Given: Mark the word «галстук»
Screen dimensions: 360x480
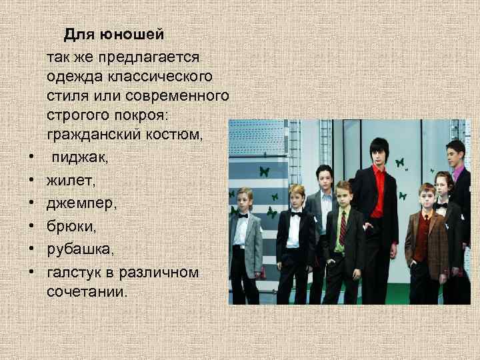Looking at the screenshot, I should (72, 271).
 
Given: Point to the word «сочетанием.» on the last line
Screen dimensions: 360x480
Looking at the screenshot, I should (86, 292).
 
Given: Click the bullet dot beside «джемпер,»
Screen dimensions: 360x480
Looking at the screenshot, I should (31, 202).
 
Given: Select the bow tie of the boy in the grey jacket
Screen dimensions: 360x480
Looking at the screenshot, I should (243, 215).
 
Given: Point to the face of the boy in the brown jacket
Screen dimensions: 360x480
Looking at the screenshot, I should (427, 197).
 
